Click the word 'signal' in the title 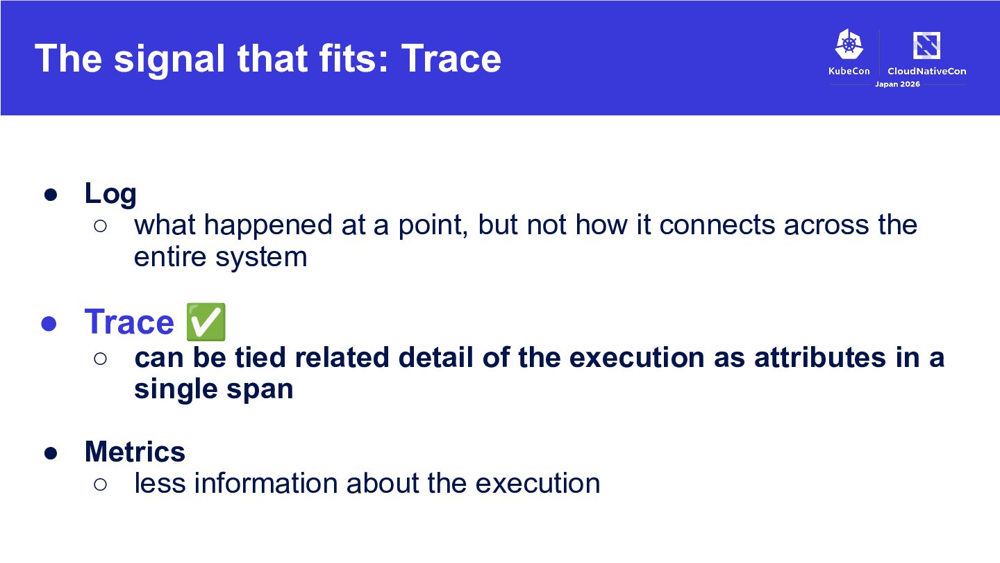pyautogui.click(x=169, y=60)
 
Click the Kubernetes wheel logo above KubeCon pyautogui.click(x=849, y=44)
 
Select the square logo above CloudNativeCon pyautogui.click(x=927, y=45)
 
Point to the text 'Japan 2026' pyautogui.click(x=897, y=84)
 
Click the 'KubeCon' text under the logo pyautogui.click(x=849, y=71)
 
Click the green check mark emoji pyautogui.click(x=206, y=323)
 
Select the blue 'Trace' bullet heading pyautogui.click(x=129, y=323)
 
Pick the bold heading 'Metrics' pyautogui.click(x=135, y=452)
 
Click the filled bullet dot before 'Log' pyautogui.click(x=51, y=195)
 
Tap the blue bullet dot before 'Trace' pyautogui.click(x=49, y=323)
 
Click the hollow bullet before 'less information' pyautogui.click(x=101, y=484)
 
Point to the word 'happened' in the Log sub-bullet pyautogui.click(x=268, y=226)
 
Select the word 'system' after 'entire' pyautogui.click(x=261, y=258)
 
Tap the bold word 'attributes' pyautogui.click(x=820, y=358)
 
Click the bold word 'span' pyautogui.click(x=260, y=391)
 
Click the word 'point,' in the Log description pyautogui.click(x=433, y=226)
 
